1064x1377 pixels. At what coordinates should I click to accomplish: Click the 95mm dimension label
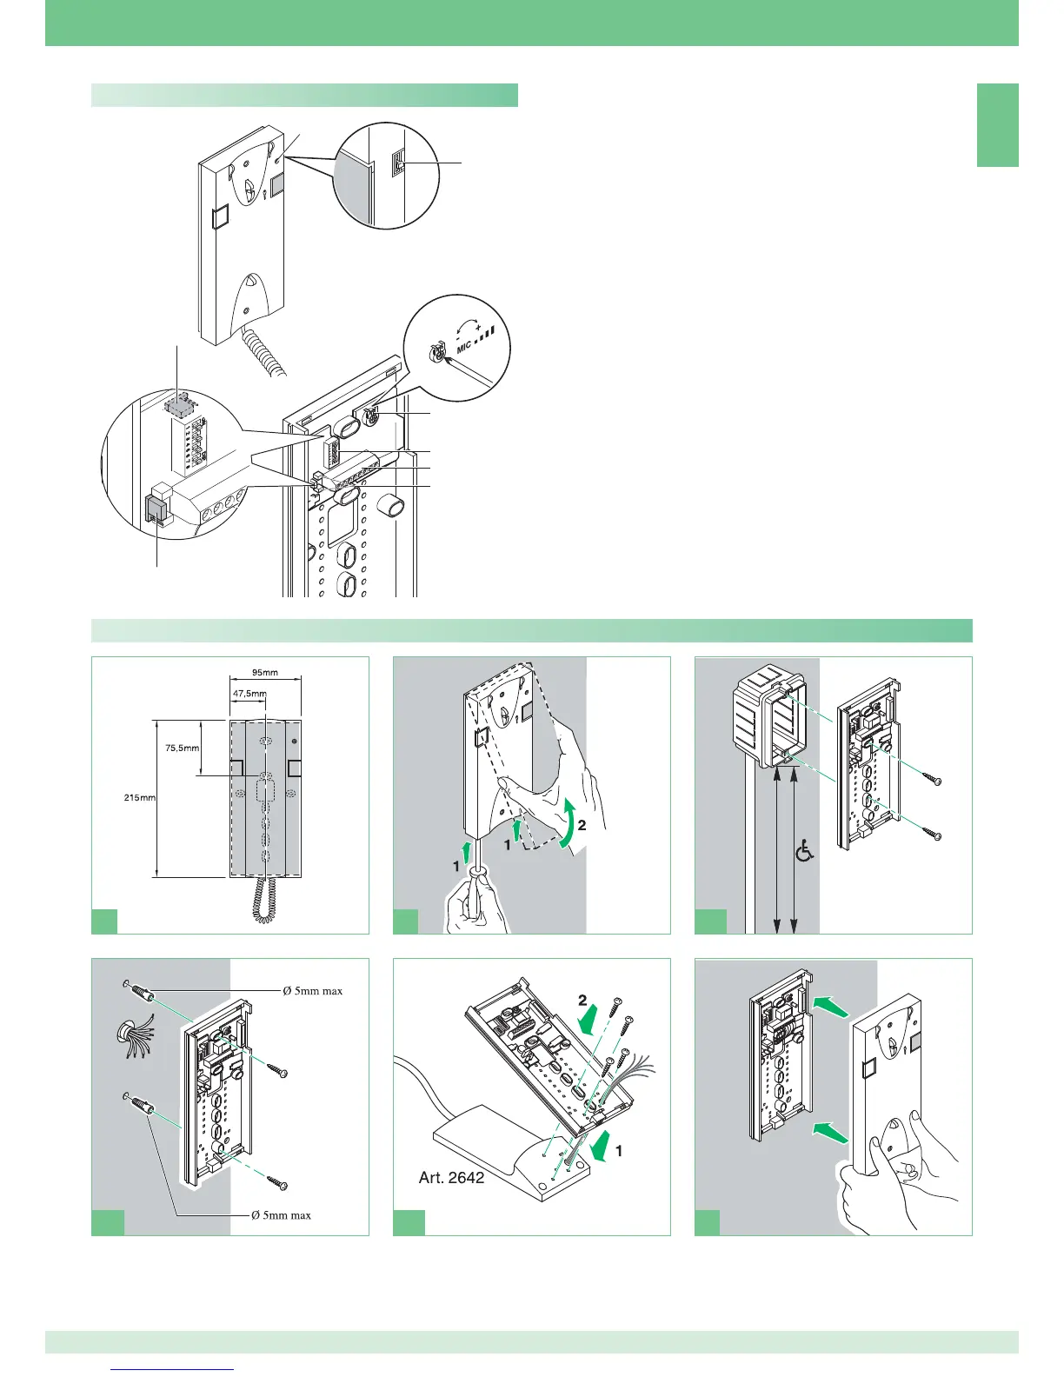[x=265, y=672]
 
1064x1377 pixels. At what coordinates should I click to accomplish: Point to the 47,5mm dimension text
[x=249, y=693]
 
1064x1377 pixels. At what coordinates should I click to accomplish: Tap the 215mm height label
[x=139, y=797]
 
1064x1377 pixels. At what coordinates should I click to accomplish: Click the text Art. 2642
[x=451, y=1178]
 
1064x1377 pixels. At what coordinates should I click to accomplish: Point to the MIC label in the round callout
[x=464, y=347]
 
